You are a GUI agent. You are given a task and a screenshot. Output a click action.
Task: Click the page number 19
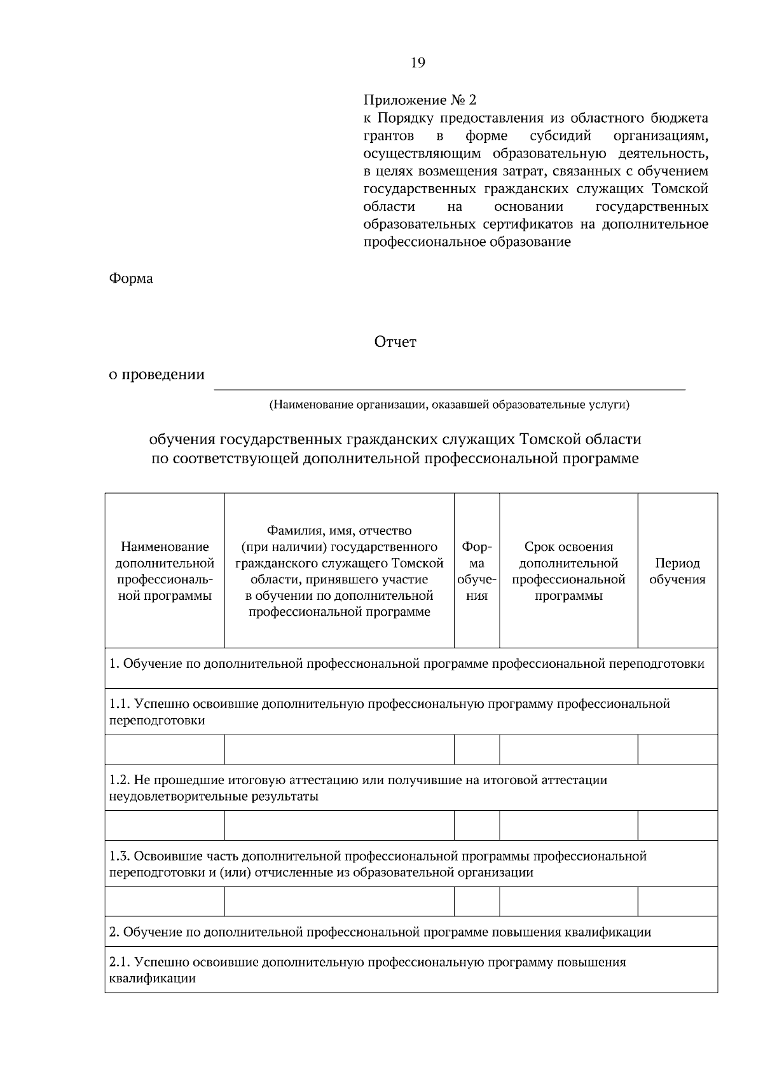pos(418,62)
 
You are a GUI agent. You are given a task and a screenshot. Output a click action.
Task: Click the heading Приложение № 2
pos(419,100)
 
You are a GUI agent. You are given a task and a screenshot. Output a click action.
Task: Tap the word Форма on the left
pos(131,278)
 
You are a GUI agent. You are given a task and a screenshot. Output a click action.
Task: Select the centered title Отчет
pos(395,342)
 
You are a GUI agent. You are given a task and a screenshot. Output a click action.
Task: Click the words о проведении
pos(156,374)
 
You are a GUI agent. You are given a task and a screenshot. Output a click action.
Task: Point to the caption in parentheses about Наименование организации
pos(449,404)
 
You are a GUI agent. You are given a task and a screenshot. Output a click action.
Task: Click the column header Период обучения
pos(677,571)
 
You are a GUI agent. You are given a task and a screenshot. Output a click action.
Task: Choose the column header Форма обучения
pos(477,571)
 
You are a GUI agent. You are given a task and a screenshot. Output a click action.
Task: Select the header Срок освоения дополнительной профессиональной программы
pos(568,571)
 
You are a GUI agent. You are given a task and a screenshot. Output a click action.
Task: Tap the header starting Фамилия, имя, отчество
pos(339,571)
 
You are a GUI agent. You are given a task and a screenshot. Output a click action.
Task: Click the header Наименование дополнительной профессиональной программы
pos(165,571)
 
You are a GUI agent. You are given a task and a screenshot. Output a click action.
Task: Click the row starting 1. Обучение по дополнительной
pos(407,664)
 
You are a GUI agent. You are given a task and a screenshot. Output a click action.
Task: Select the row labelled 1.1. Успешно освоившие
pos(389,712)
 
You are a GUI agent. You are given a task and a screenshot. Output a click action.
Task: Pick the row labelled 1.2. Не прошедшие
pos(358,787)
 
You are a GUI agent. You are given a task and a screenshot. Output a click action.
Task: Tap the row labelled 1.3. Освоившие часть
pos(378,864)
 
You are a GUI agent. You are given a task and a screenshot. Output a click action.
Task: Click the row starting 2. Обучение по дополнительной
pos(380,932)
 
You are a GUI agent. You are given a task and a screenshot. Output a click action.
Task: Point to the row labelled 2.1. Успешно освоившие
pos(367,970)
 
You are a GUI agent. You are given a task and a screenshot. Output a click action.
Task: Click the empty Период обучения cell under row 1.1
pos(677,749)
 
